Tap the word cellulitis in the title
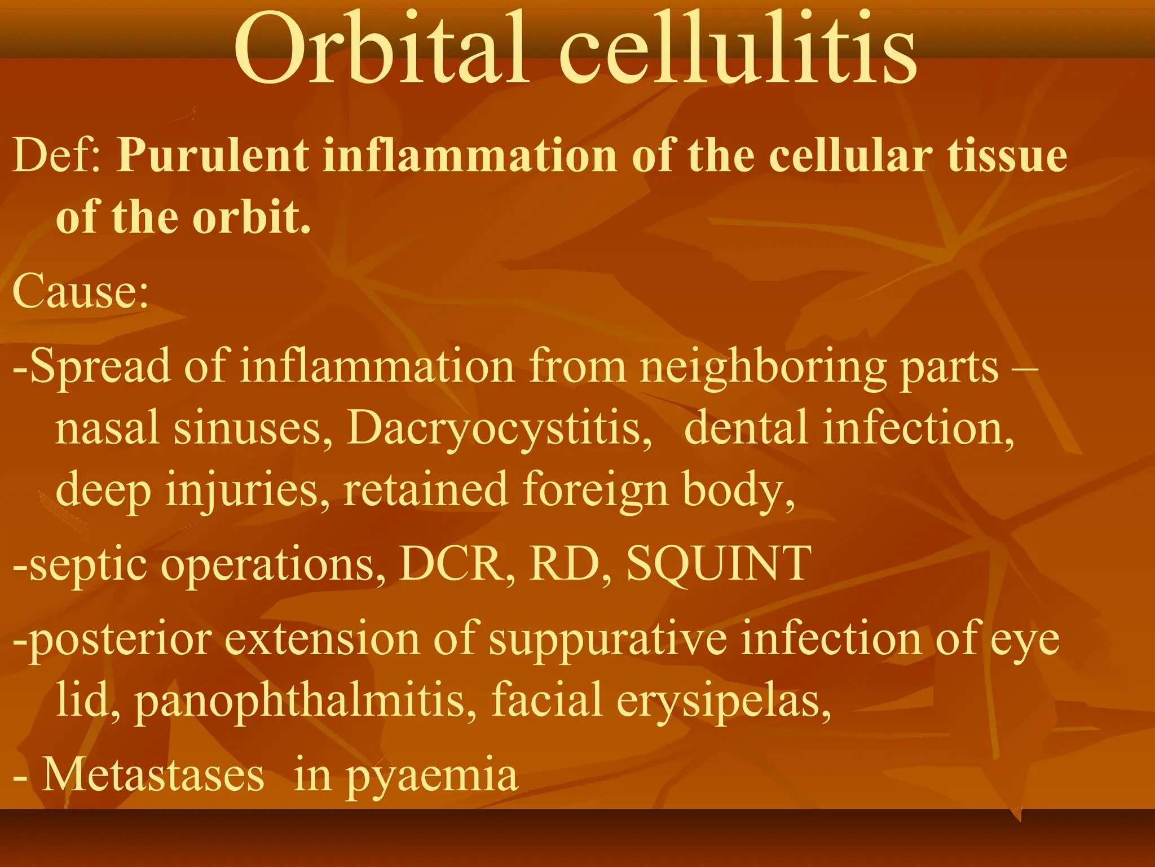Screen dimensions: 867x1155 tap(738, 52)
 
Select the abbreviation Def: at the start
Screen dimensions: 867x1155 tap(57, 155)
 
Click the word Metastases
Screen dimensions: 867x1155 tap(153, 775)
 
